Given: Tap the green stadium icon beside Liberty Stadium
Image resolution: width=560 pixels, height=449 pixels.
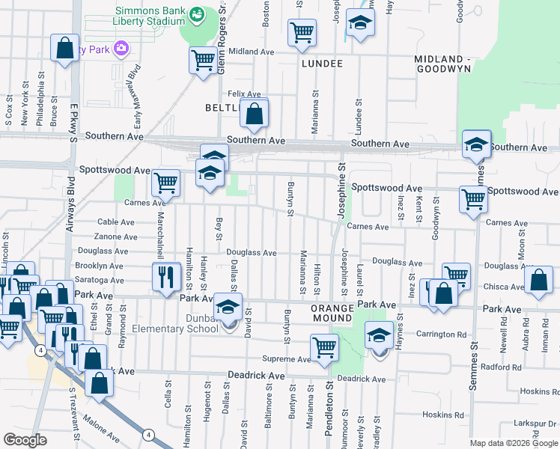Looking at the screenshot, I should point(197,14).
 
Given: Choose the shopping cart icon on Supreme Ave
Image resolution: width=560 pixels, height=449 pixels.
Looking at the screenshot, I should point(324,346).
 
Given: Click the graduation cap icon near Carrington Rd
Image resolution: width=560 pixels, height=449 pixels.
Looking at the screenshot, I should point(380,335).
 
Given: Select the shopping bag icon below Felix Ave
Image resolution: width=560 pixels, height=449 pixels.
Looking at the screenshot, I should point(255,114).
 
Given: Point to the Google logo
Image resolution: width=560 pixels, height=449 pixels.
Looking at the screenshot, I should point(25,440).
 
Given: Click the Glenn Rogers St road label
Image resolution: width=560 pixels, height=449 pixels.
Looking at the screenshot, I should point(222,45).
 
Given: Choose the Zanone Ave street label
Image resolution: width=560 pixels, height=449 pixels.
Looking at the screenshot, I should point(116,236).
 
